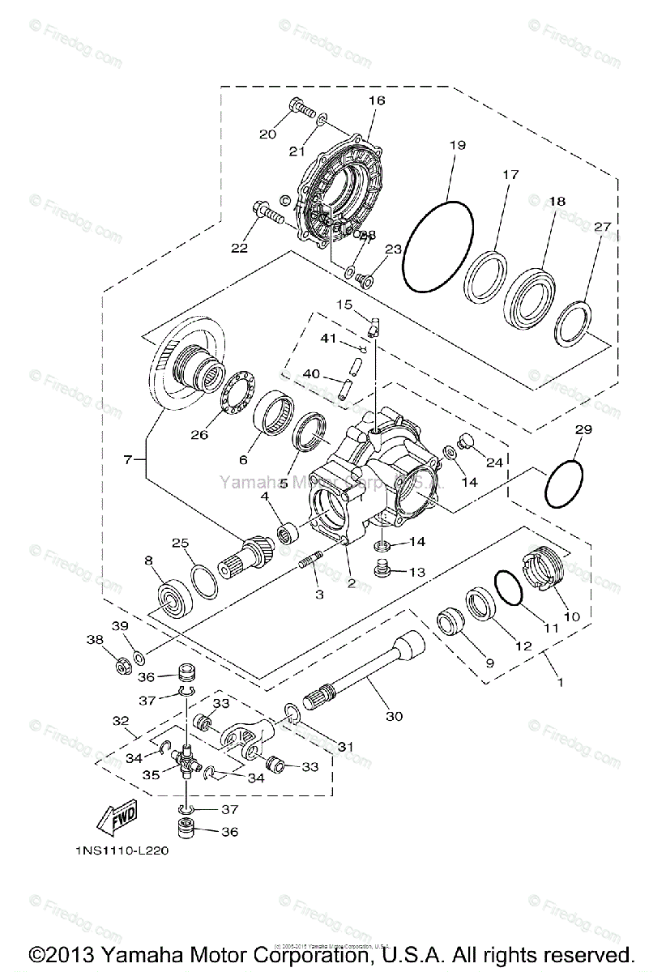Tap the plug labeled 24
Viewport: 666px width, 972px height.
coord(465,441)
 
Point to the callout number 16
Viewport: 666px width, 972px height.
coord(377,100)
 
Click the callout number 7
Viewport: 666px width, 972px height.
coord(128,460)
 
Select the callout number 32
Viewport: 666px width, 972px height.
coord(121,720)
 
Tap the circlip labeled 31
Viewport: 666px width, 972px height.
coord(293,714)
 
